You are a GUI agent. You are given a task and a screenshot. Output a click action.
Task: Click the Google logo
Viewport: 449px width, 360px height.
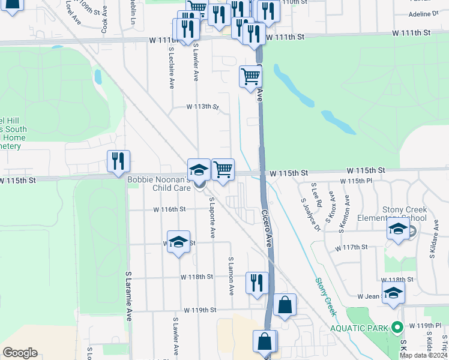(x=20, y=353)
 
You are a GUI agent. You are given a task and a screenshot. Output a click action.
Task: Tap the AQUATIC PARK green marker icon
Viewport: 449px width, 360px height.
(x=396, y=328)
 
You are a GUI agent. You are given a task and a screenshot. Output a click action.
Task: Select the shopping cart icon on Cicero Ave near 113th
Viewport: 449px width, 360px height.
(x=250, y=76)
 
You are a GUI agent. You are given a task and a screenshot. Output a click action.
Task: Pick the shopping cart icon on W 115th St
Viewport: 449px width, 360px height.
(x=223, y=169)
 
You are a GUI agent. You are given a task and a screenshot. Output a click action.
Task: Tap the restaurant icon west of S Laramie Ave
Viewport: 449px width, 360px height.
(x=118, y=160)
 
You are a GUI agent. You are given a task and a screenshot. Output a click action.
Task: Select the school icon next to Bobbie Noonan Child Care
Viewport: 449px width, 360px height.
(x=199, y=169)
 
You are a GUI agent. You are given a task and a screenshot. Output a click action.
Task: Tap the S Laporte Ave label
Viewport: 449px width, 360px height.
(x=212, y=218)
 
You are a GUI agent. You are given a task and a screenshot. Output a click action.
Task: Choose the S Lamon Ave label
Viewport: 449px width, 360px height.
(x=231, y=277)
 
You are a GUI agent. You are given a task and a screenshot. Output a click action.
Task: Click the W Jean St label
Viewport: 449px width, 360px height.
(x=370, y=296)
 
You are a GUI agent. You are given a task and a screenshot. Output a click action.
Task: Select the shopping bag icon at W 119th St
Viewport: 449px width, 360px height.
(x=285, y=305)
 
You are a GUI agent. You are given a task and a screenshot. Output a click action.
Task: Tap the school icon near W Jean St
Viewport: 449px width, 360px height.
(x=393, y=293)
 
